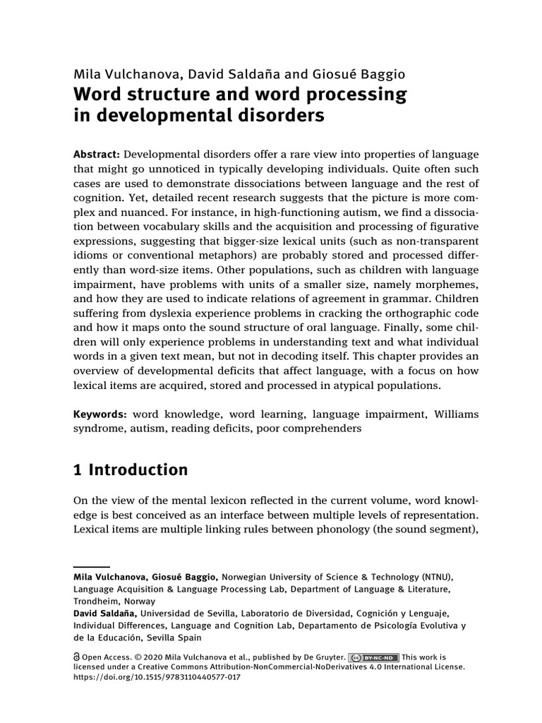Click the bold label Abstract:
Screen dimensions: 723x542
pyautogui.click(x=98, y=155)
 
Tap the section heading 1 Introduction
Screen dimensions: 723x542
pyautogui.click(x=131, y=470)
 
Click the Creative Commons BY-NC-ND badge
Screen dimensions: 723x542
pyautogui.click(x=373, y=657)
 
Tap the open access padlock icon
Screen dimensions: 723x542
pyautogui.click(x=78, y=656)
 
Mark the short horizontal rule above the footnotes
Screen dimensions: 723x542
pyautogui.click(x=92, y=566)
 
